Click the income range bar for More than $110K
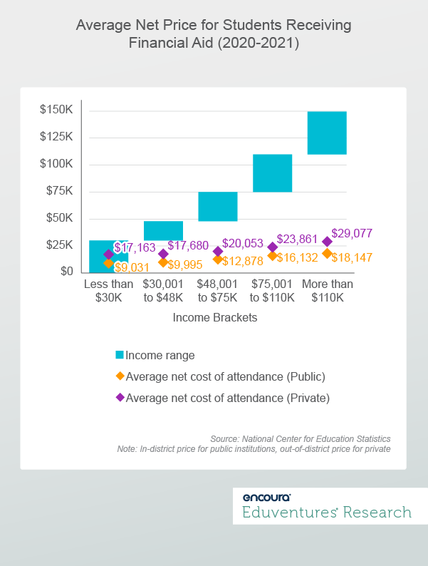(327, 133)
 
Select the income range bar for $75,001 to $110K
(272, 173)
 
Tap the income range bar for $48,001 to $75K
(218, 207)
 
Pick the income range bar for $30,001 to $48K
(163, 230)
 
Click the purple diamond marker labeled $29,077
(327, 242)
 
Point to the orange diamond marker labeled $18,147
(327, 253)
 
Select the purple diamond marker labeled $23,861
(272, 247)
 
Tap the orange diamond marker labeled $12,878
(218, 259)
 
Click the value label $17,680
(188, 246)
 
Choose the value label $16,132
(298, 257)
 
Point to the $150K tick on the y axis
(56, 110)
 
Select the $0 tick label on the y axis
(66, 272)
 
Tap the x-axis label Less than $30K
(108, 291)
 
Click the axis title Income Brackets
(215, 319)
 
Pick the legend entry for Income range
(160, 355)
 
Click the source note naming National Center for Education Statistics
(300, 438)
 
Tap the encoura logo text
(266, 498)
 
